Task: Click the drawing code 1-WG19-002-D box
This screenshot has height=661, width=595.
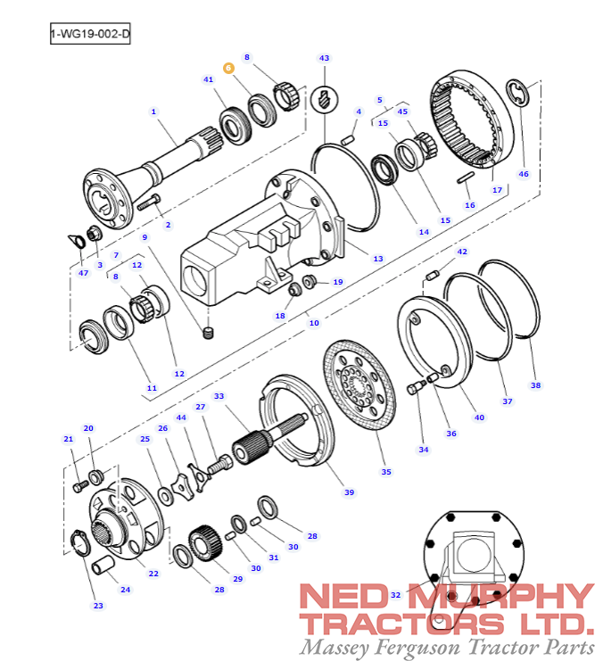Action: click(x=90, y=35)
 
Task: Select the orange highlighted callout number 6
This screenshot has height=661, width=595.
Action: click(x=227, y=67)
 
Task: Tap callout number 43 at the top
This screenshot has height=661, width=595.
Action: click(x=324, y=58)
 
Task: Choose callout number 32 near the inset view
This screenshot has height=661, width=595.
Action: click(x=395, y=594)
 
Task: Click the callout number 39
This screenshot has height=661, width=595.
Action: click(x=349, y=492)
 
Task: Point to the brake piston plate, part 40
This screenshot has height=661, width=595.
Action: click(x=437, y=343)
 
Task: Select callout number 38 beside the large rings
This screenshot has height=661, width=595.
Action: click(x=535, y=385)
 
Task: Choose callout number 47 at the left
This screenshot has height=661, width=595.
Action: click(x=83, y=272)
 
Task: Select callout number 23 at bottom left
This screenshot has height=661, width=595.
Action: click(x=98, y=606)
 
